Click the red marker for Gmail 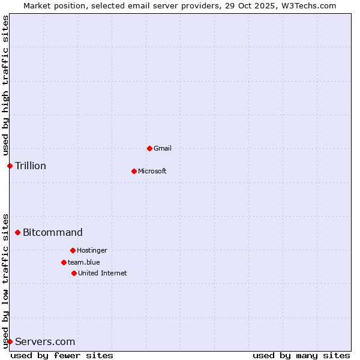pyautogui.click(x=149, y=148)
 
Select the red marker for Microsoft pyautogui.click(x=134, y=171)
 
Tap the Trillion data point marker pyautogui.click(x=10, y=166)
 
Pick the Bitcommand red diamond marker pyautogui.click(x=17, y=232)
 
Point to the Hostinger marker pyautogui.click(x=73, y=250)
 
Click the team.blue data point pyautogui.click(x=64, y=262)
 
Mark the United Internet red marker pyautogui.click(x=74, y=273)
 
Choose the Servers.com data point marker pyautogui.click(x=10, y=341)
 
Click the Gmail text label pyautogui.click(x=163, y=148)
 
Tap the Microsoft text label pyautogui.click(x=152, y=171)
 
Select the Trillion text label pyautogui.click(x=31, y=166)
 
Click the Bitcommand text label pyautogui.click(x=53, y=232)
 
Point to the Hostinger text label pyautogui.click(x=92, y=250)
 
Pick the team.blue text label pyautogui.click(x=84, y=262)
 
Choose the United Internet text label pyautogui.click(x=103, y=273)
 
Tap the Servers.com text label pyautogui.click(x=45, y=341)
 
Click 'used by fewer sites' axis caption pyautogui.click(x=62, y=355)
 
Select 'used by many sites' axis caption pyautogui.click(x=301, y=355)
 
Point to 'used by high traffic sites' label pyautogui.click(x=5, y=86)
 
